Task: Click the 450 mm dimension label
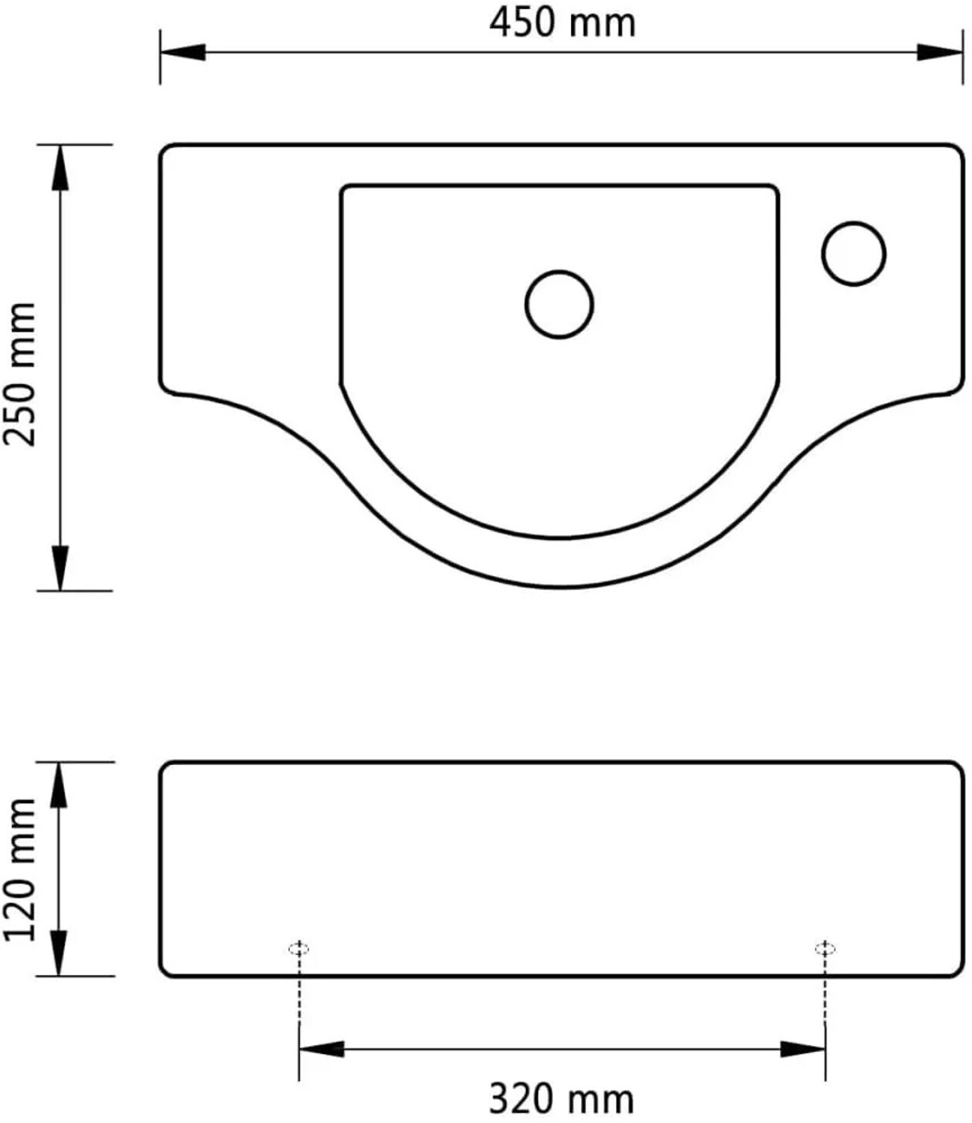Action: [562, 24]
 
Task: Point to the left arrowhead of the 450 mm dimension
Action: [183, 52]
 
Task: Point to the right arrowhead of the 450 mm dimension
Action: [940, 52]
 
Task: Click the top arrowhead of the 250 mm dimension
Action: [59, 168]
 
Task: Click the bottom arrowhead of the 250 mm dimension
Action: [59, 568]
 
